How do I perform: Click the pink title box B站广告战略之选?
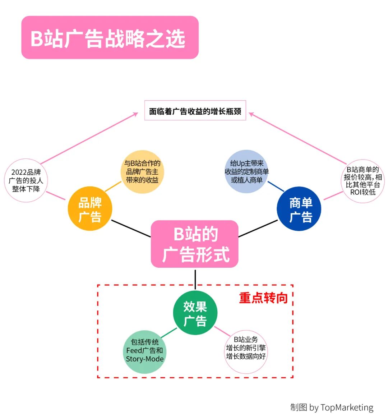pos(110,37)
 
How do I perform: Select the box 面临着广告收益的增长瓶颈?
pos(195,110)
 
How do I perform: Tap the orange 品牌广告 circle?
pos(90,209)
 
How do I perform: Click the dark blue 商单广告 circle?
pos(299,209)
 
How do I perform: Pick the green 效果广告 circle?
pos(195,313)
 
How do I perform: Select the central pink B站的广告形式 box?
pos(194,244)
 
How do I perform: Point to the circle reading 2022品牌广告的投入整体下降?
pos(26,180)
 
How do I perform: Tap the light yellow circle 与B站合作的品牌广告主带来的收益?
pos(142,171)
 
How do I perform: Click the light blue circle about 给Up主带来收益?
pos(247,171)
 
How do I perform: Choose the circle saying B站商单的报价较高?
pos(363,181)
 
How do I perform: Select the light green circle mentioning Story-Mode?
pos(144,352)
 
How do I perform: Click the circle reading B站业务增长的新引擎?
pos(246,352)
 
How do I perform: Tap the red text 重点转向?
pos(263,298)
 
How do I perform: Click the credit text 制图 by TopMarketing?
pos(332,408)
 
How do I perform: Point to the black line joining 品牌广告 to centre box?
pos(131,229)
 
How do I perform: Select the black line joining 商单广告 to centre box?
pos(258,229)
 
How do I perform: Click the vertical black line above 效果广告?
pos(195,280)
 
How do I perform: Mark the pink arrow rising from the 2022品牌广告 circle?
pos(89,138)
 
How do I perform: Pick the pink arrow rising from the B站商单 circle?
pos(298,138)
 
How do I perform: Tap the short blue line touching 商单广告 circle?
pos(276,187)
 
